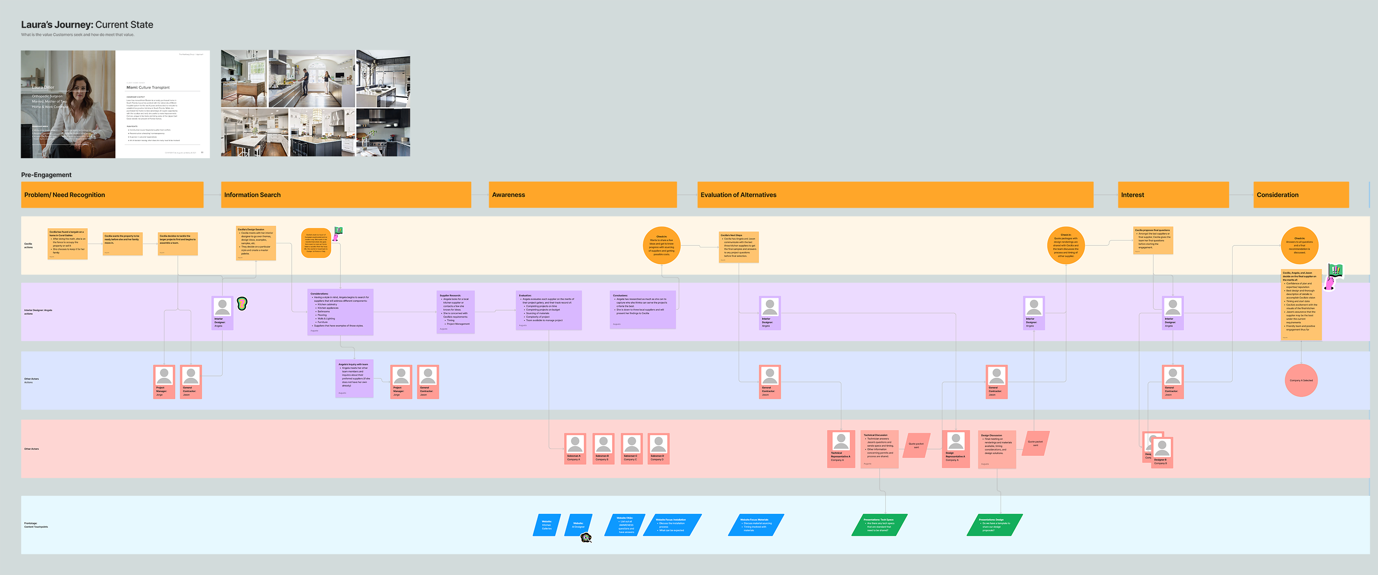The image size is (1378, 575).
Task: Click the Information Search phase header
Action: point(345,195)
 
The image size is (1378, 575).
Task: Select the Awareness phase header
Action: point(582,195)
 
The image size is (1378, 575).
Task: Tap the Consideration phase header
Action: point(1300,195)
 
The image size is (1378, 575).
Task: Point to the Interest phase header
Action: point(1173,195)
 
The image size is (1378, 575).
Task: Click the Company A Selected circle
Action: point(1300,381)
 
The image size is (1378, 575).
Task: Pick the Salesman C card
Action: point(631,448)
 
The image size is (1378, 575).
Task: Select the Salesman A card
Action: point(575,448)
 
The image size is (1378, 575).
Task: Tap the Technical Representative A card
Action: point(841,448)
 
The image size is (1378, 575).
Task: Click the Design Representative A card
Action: point(955,448)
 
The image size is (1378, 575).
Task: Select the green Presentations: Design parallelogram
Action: point(994,525)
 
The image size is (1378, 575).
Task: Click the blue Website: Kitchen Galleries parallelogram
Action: point(547,525)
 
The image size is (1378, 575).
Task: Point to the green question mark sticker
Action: point(242,303)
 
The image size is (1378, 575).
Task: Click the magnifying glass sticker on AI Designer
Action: point(586,537)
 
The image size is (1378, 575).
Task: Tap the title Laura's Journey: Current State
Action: point(87,25)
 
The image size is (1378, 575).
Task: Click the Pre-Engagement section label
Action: point(46,175)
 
